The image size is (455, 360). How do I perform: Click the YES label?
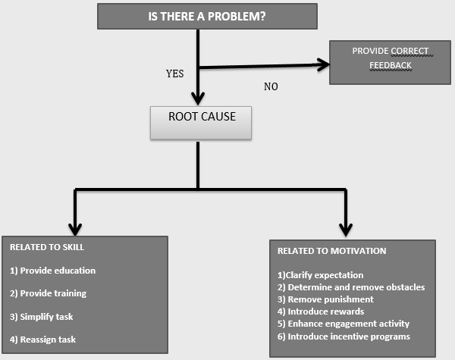click(x=176, y=74)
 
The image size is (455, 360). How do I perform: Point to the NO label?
click(x=271, y=86)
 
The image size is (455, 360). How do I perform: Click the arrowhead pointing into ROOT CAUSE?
click(x=198, y=97)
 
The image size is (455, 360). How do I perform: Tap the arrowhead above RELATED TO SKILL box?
click(x=75, y=227)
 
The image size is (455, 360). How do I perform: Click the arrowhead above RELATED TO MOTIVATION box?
click(x=347, y=228)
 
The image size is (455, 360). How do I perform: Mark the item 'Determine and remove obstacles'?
click(x=351, y=287)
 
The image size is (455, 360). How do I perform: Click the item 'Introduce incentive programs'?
click(x=344, y=336)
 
